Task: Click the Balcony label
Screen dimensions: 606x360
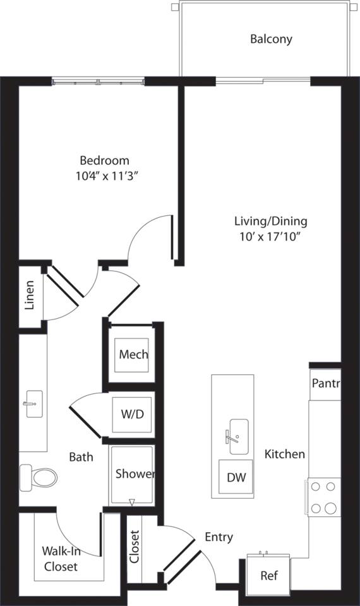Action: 271,39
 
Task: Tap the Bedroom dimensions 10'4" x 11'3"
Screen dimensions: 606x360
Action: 105,176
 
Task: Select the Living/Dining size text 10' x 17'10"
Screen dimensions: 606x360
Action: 270,237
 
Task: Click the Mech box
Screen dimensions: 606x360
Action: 133,354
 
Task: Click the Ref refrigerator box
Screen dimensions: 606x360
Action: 268,576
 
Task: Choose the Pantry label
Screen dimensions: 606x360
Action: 325,384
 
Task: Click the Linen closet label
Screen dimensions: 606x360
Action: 30,295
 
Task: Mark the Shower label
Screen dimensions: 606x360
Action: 135,474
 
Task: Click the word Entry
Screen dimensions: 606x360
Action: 219,537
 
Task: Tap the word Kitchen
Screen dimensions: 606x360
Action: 284,454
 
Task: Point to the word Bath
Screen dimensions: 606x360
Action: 81,456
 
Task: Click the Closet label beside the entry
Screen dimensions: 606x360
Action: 135,546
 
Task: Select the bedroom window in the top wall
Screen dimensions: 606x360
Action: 98,82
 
